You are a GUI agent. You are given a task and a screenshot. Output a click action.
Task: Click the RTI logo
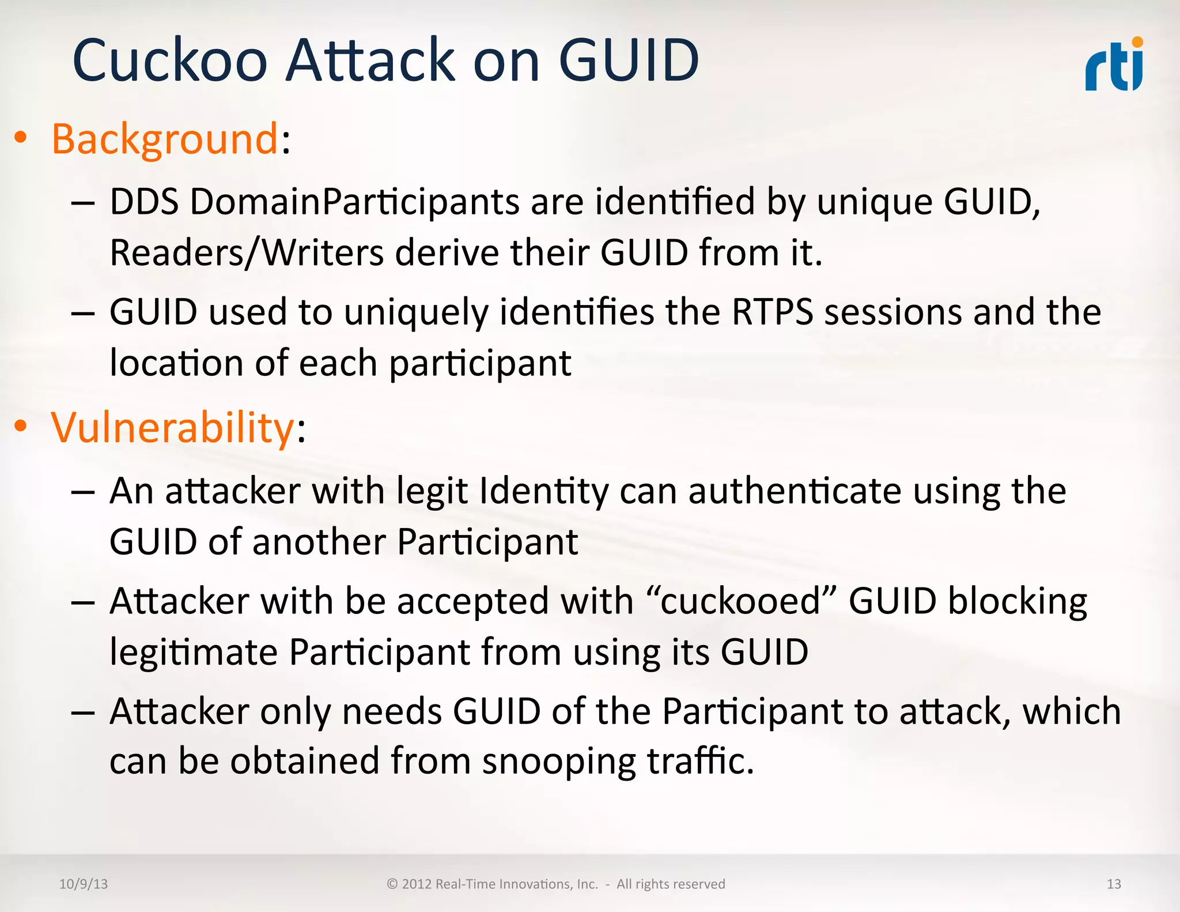point(1114,65)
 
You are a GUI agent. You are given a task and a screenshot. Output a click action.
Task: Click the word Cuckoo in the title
point(170,60)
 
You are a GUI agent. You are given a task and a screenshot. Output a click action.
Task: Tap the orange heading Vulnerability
point(173,428)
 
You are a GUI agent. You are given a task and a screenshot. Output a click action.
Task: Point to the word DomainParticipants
point(355,202)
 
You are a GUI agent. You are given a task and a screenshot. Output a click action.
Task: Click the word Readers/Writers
point(247,253)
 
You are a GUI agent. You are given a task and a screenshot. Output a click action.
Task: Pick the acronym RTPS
point(772,312)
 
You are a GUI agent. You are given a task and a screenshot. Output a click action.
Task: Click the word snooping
point(559,761)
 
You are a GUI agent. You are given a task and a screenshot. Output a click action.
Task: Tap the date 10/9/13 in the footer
point(84,884)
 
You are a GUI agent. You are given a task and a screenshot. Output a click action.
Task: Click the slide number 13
point(1114,884)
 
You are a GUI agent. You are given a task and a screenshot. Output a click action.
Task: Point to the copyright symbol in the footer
point(392,884)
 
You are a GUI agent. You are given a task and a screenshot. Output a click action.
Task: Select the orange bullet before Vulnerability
point(21,426)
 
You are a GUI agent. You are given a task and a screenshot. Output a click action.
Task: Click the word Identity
point(544,492)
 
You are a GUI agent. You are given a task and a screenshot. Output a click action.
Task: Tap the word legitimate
point(194,653)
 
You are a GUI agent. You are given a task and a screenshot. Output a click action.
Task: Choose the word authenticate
point(795,492)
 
